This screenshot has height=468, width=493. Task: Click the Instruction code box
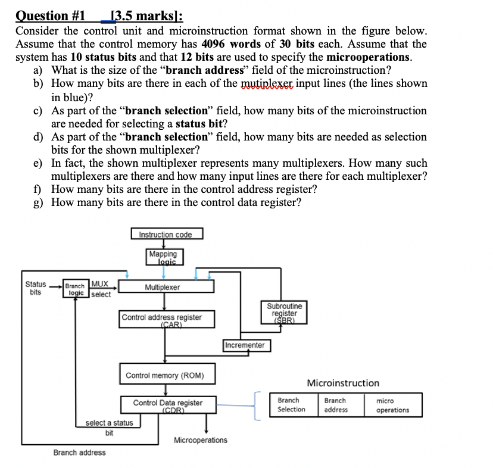click(167, 234)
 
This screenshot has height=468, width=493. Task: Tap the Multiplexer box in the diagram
click(167, 287)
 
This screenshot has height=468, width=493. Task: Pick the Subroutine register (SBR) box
click(288, 312)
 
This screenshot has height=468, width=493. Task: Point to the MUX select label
click(100, 289)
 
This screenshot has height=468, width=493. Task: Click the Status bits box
click(36, 288)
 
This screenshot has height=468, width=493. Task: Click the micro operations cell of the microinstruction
click(392, 405)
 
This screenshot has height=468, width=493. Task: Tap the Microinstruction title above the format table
click(342, 383)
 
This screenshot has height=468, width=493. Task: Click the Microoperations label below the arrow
click(200, 440)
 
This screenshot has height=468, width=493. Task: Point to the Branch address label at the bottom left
click(79, 453)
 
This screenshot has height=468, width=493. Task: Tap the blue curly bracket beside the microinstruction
click(258, 405)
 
